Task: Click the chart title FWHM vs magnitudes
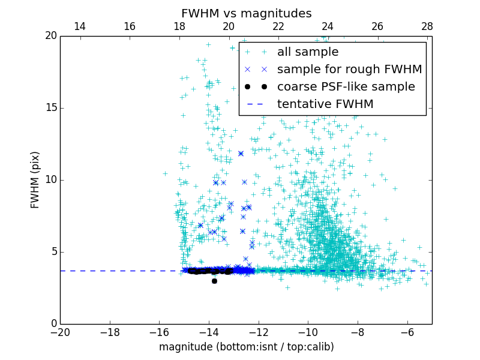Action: click(x=246, y=13)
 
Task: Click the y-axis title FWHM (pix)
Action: click(x=35, y=180)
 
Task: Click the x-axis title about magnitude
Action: click(x=246, y=347)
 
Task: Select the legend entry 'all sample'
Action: click(x=307, y=52)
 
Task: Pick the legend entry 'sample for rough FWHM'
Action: click(x=349, y=70)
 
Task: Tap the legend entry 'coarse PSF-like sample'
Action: click(x=346, y=87)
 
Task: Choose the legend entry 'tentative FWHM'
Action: click(x=325, y=104)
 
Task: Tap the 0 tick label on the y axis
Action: click(x=53, y=324)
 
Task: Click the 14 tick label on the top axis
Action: click(x=79, y=26)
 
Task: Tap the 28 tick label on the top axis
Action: click(x=427, y=26)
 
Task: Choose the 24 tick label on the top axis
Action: click(x=328, y=26)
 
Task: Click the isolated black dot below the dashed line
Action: click(x=214, y=281)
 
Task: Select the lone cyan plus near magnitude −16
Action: click(x=165, y=173)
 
